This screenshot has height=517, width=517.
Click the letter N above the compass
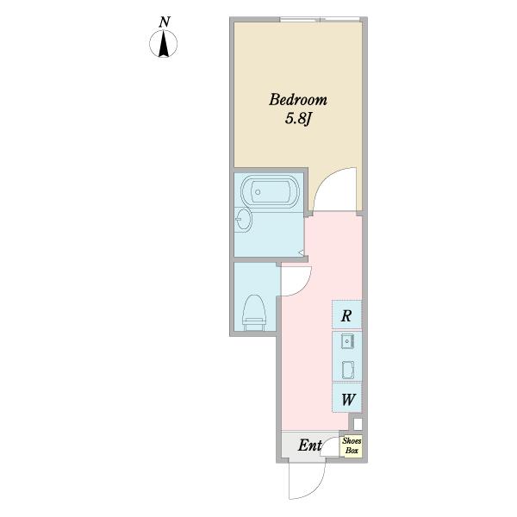click(165, 22)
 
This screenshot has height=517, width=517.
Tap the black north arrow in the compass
click(163, 44)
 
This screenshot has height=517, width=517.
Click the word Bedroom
click(298, 100)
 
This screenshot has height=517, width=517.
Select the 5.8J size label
click(298, 119)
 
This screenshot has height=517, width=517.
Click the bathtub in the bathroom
click(270, 191)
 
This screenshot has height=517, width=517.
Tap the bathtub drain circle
click(258, 192)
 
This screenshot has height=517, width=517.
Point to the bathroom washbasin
click(243, 220)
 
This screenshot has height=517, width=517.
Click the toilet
click(254, 312)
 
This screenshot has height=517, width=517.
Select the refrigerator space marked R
click(346, 315)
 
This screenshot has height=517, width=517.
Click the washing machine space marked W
click(347, 398)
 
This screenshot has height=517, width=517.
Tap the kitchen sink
click(347, 341)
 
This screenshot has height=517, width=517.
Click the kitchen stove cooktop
click(348, 370)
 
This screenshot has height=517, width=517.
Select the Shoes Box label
click(352, 445)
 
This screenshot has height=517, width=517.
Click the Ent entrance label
click(309, 445)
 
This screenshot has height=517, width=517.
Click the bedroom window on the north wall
click(320, 20)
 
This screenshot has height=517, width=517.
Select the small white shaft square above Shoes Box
click(358, 424)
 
